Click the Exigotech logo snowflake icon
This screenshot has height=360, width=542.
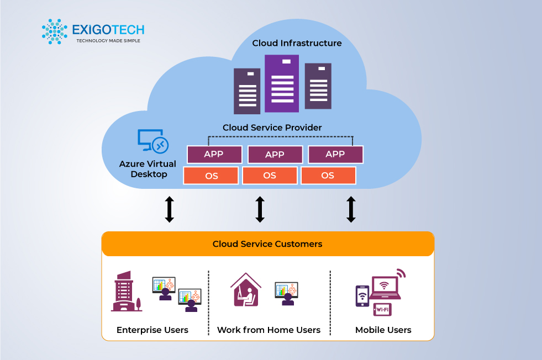coord(54,31)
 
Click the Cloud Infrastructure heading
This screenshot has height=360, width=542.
coord(297,43)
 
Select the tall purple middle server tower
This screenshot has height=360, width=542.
coord(281,83)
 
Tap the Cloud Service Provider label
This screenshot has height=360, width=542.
coord(272,128)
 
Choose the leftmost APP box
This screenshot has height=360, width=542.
coord(214,155)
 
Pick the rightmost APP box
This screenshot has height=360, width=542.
coord(335,155)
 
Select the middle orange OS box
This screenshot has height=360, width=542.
coord(270,176)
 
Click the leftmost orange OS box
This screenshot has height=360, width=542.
coord(211,176)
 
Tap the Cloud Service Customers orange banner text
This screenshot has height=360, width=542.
coord(267,243)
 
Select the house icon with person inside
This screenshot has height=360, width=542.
coord(245,290)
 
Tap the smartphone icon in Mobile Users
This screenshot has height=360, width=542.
coord(362,296)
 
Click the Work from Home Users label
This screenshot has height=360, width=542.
coord(269,330)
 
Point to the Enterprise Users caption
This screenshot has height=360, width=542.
coord(152,330)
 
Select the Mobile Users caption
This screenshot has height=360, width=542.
coord(383,330)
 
